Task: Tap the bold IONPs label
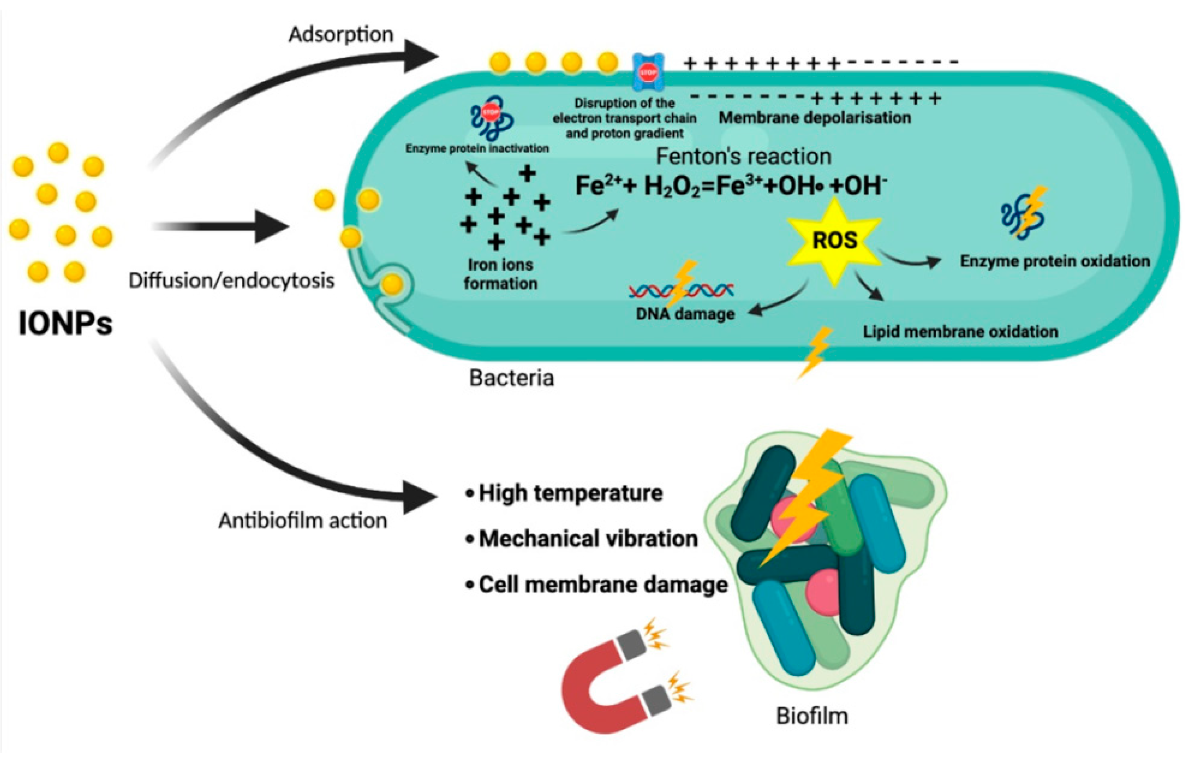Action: tap(65, 324)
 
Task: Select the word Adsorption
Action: tap(341, 34)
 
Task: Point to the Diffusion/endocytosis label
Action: tap(231, 280)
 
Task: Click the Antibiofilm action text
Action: tap(303, 520)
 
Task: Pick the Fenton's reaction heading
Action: tap(743, 156)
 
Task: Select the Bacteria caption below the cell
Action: tap(511, 378)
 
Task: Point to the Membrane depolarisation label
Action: tap(814, 118)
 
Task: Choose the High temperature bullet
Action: tap(570, 493)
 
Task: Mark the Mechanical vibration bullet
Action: tap(587, 539)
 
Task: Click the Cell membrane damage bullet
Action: tap(602, 585)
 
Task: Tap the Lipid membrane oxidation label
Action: tap(960, 331)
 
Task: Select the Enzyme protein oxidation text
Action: tap(1054, 261)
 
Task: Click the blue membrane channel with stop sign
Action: tap(649, 73)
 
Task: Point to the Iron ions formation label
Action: tap(500, 274)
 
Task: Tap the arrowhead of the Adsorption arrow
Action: tap(421, 56)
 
